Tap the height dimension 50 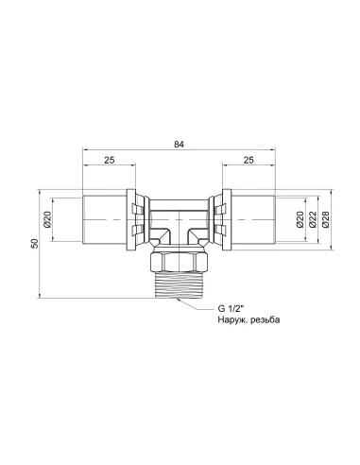33,244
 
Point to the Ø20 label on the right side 301,221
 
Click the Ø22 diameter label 312,221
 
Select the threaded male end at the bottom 180,281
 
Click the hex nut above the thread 180,258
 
